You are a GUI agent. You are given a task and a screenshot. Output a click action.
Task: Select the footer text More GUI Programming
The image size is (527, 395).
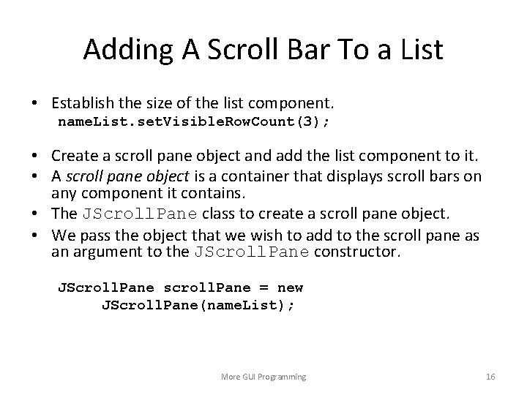(263, 377)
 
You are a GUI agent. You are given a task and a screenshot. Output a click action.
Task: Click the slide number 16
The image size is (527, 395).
(490, 377)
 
